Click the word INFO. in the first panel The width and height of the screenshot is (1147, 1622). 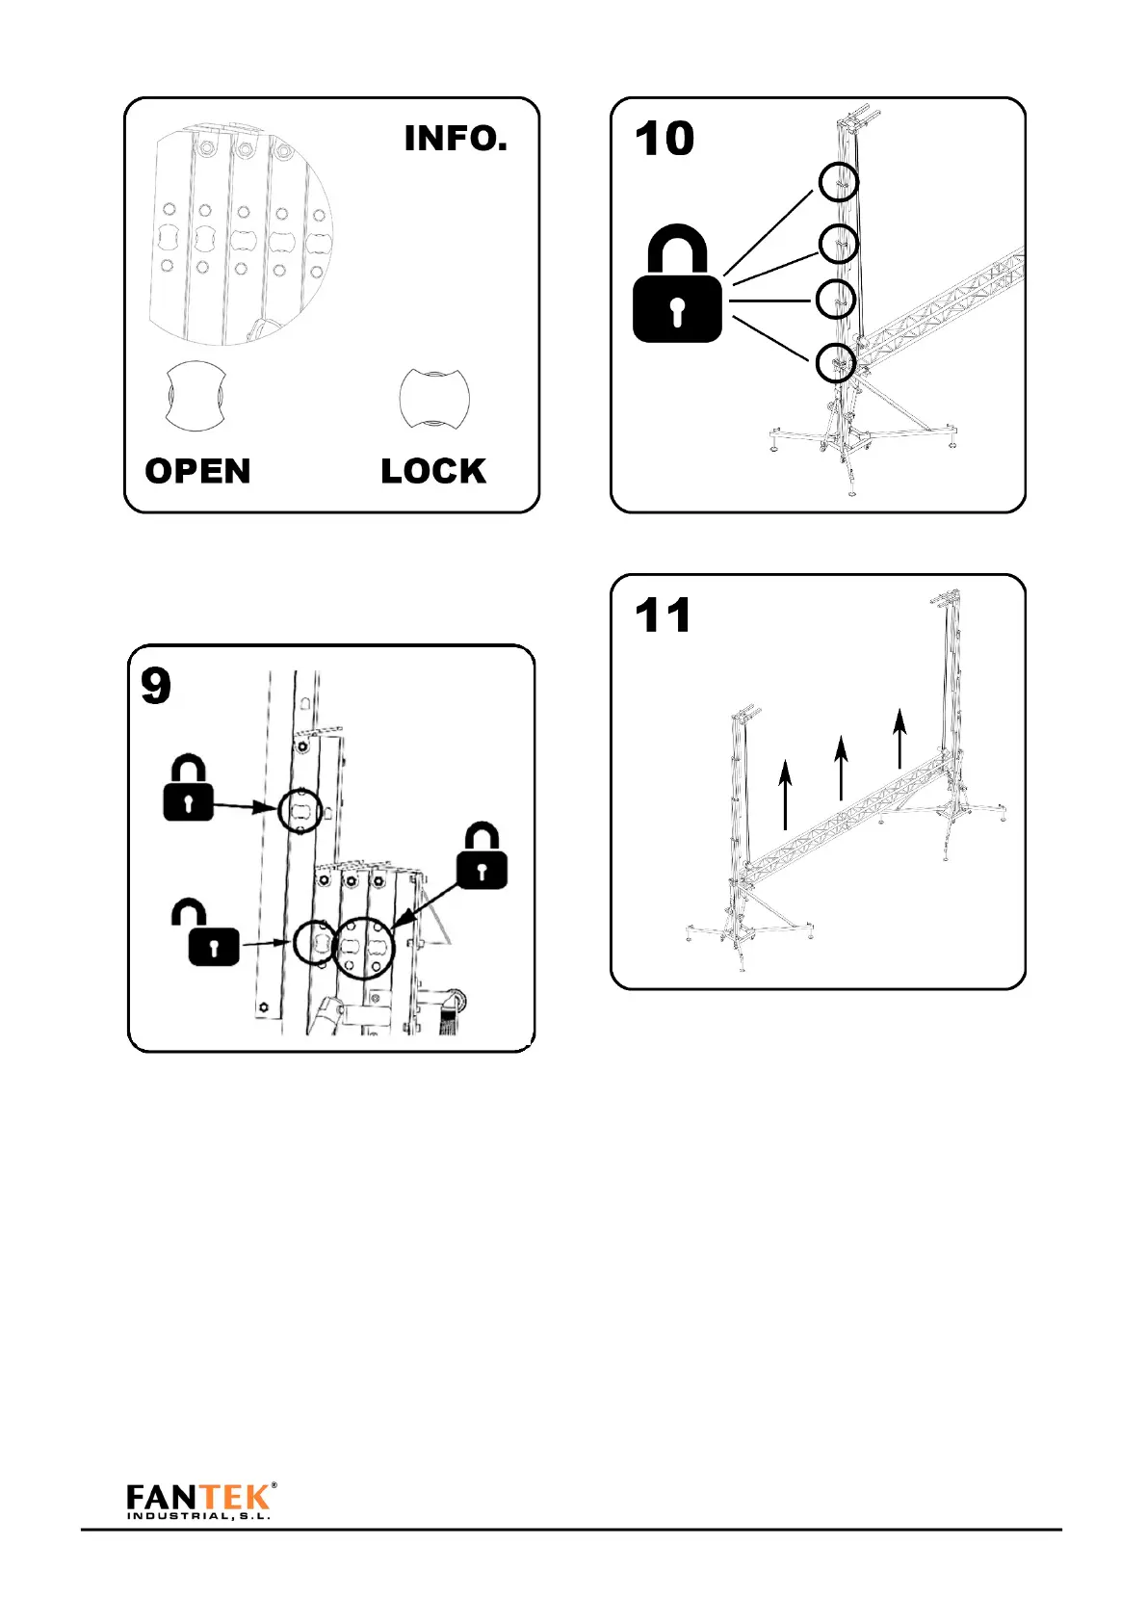[456, 139]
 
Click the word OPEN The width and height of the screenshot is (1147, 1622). [197, 471]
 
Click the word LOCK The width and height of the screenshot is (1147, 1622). [433, 471]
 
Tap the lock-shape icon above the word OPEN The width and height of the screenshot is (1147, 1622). [196, 397]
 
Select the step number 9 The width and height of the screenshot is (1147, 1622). [156, 686]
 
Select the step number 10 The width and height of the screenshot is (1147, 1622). [665, 139]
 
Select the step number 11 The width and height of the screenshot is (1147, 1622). [664, 615]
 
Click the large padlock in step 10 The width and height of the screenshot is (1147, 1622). [677, 285]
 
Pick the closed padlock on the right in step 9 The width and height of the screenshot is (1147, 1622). [482, 856]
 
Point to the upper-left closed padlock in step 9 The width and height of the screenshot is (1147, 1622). [188, 789]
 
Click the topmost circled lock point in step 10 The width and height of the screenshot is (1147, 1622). [839, 182]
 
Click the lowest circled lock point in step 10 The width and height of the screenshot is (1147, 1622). [836, 363]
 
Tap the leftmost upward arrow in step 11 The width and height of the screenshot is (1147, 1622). [786, 794]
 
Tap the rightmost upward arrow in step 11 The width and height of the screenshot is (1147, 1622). [899, 739]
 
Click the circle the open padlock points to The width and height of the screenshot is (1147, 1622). [314, 941]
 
